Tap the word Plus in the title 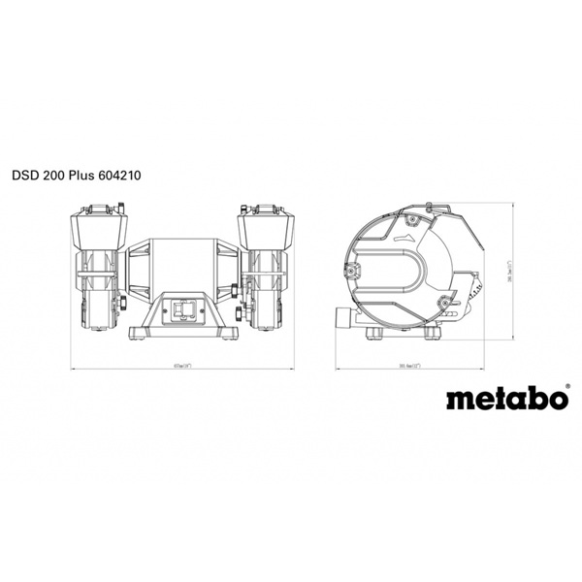[x=88, y=178]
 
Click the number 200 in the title [x=57, y=178]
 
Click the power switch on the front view [x=184, y=307]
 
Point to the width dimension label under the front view [x=184, y=366]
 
